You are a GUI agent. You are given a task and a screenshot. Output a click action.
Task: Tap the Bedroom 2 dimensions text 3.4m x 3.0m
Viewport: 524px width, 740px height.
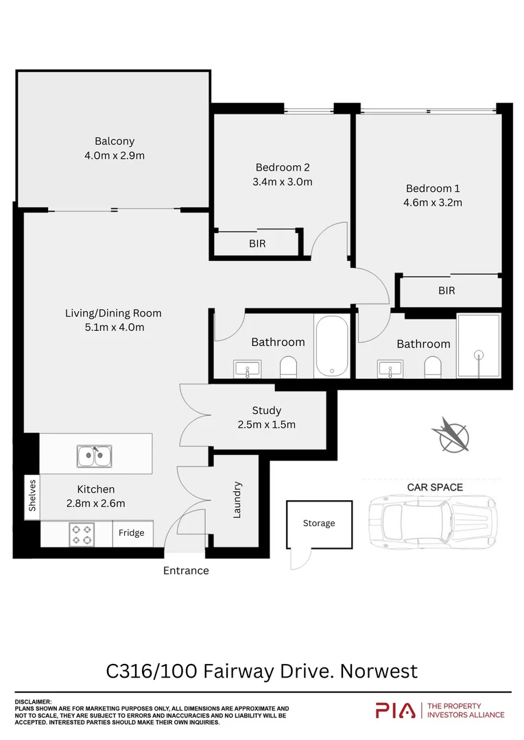pos(283,182)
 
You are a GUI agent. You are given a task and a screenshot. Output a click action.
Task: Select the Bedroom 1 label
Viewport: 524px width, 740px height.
pos(433,188)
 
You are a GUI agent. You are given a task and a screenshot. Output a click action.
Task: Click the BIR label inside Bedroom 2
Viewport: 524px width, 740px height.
pos(257,243)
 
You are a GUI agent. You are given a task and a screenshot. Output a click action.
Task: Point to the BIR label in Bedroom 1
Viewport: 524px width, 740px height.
pos(446,291)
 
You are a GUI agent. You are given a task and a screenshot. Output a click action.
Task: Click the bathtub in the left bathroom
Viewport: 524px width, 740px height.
pos(331,346)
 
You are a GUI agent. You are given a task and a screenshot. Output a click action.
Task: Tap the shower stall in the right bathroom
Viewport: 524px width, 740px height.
pos(479,346)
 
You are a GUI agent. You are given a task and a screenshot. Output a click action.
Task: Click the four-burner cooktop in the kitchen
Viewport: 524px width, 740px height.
pos(82,534)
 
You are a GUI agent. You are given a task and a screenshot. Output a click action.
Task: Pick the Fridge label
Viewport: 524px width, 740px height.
pos(131,533)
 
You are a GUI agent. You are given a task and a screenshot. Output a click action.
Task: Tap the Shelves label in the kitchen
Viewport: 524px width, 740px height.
pos(32,495)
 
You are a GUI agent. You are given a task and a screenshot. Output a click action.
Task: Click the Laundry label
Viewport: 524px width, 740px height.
pos(237,500)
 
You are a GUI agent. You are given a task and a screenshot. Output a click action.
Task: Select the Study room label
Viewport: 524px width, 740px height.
pos(266,410)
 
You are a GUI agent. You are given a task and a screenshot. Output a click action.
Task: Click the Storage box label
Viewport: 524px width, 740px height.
pos(319,523)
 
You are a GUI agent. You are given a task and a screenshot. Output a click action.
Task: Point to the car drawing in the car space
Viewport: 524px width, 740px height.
pos(431,523)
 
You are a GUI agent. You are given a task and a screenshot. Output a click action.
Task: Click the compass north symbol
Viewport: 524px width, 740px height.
pos(451,434)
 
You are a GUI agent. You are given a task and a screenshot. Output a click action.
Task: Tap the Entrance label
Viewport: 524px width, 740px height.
pos(186,570)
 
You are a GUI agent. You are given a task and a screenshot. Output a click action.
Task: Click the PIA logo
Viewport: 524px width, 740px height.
pos(395,711)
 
